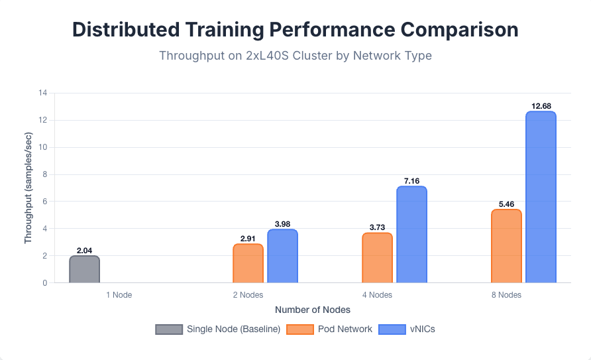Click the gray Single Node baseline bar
pyautogui.click(x=85, y=269)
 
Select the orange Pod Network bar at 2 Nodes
pyautogui.click(x=248, y=263)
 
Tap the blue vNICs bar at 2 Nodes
pyautogui.click(x=282, y=256)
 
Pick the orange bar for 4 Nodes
pyautogui.click(x=377, y=258)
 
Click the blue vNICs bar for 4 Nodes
pyautogui.click(x=411, y=235)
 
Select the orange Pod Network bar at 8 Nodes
pyautogui.click(x=506, y=246)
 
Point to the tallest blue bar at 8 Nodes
pyautogui.click(x=541, y=197)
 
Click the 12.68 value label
pyautogui.click(x=541, y=106)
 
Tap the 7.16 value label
pyautogui.click(x=411, y=181)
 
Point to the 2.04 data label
pyautogui.click(x=85, y=251)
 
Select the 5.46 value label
pyautogui.click(x=506, y=204)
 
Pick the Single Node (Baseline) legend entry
pyautogui.click(x=219, y=329)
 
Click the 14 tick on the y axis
pyautogui.click(x=43, y=93)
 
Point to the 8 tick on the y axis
pyautogui.click(x=45, y=174)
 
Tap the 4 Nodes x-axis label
pyautogui.click(x=377, y=295)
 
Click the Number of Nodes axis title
pyautogui.click(x=313, y=310)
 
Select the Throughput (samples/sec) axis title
pyautogui.click(x=28, y=188)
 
